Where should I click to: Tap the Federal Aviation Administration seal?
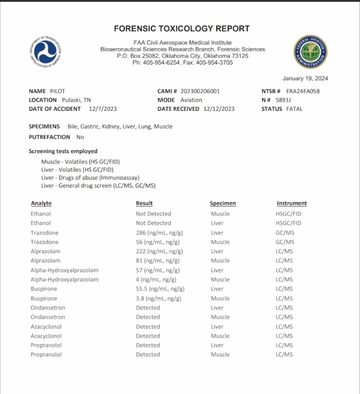(x=311, y=51)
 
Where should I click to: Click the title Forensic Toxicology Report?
(x=182, y=28)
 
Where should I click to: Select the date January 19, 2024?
(x=305, y=78)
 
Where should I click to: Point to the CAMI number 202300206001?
(x=200, y=91)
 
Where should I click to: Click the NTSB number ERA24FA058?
(x=303, y=91)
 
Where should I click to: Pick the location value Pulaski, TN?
(x=76, y=100)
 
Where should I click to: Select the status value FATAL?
(x=294, y=109)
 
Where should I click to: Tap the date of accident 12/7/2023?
(x=103, y=109)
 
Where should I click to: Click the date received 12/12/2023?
(x=219, y=109)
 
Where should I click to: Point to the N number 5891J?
(x=283, y=100)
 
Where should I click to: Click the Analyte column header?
(x=41, y=203)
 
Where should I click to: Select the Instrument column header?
(x=292, y=203)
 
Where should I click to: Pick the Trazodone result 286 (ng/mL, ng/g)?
(x=159, y=233)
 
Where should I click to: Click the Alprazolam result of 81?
(x=158, y=261)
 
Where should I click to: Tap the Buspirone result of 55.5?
(x=160, y=289)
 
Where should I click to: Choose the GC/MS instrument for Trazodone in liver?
(x=285, y=233)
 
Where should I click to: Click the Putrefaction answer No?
(x=80, y=137)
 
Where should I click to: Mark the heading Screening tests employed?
(x=63, y=151)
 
